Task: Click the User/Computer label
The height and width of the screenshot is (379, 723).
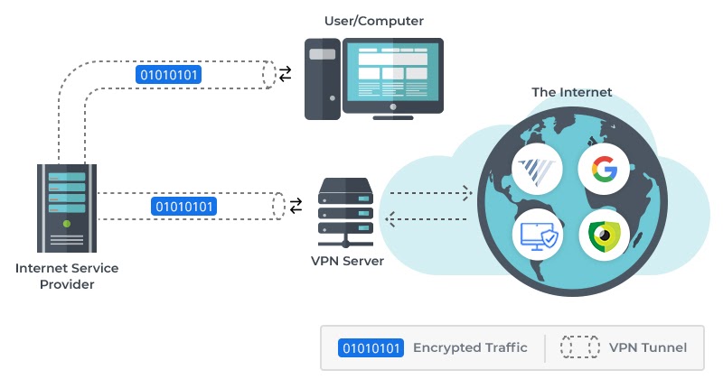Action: (373, 20)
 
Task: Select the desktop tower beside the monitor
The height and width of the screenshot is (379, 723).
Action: (323, 77)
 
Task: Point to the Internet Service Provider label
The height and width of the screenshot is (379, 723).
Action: (67, 276)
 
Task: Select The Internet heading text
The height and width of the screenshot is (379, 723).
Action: (571, 92)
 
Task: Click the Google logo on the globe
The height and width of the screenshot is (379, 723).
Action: (603, 168)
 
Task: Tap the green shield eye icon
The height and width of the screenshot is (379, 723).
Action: (603, 235)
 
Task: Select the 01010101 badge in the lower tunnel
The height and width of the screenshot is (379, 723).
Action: (184, 207)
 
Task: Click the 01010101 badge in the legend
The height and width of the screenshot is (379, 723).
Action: (371, 348)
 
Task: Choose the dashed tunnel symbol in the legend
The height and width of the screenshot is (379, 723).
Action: (579, 348)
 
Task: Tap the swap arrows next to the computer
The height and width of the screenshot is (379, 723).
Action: (286, 74)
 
